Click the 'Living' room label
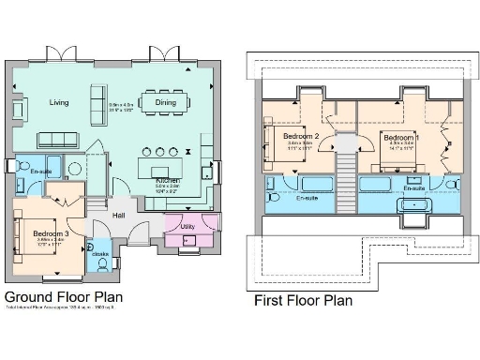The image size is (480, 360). tap(59, 102)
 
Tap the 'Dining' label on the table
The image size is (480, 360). tap(165, 102)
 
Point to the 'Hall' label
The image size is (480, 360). tap(120, 216)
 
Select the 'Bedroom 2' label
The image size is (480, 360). tap(302, 137)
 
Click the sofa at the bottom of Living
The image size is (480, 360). tap(63, 140)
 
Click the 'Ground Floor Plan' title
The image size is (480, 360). tap(65, 294)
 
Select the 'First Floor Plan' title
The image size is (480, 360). tap(304, 301)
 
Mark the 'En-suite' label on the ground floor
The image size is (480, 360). tap(40, 172)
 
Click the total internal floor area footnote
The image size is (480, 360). tap(64, 307)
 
